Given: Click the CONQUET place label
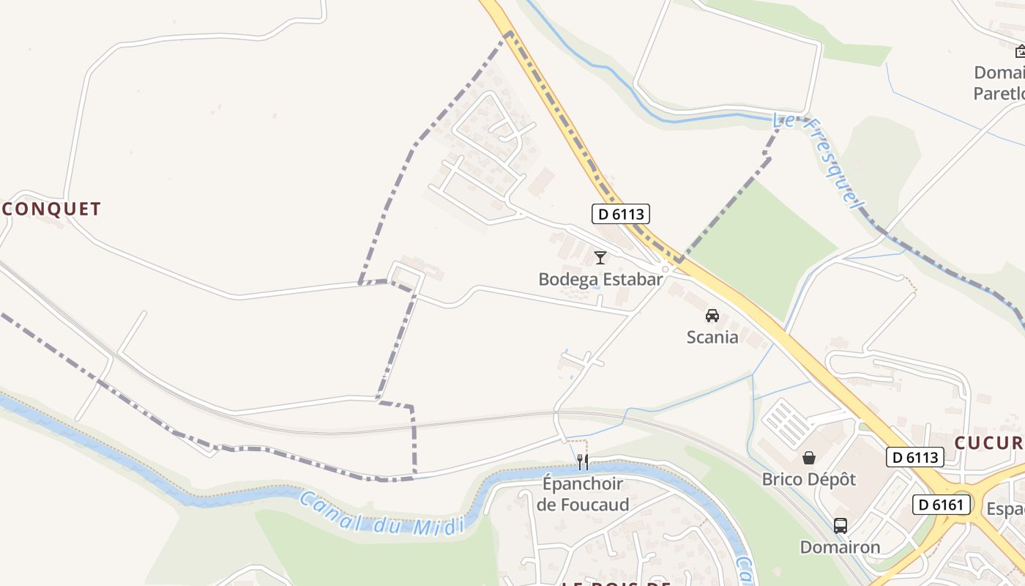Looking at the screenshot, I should (50, 209).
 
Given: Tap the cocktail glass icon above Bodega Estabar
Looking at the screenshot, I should (600, 257).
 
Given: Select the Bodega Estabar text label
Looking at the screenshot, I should (600, 279).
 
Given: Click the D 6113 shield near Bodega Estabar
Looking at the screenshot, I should (621, 214).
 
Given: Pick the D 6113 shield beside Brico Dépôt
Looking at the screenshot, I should (914, 457).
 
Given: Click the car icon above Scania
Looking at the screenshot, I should (712, 316).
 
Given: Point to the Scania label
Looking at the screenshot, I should (712, 337).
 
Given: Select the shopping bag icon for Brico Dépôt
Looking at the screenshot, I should (809, 459).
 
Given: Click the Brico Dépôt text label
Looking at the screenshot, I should (809, 479).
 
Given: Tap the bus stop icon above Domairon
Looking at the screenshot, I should (840, 526).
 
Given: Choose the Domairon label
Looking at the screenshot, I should (840, 547).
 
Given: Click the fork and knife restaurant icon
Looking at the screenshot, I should (582, 461).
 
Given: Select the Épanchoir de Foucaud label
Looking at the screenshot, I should (582, 494).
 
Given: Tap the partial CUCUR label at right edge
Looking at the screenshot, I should (988, 442).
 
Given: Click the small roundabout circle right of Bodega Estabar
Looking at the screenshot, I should (666, 270).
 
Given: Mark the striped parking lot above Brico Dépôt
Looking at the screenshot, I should (787, 423).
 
